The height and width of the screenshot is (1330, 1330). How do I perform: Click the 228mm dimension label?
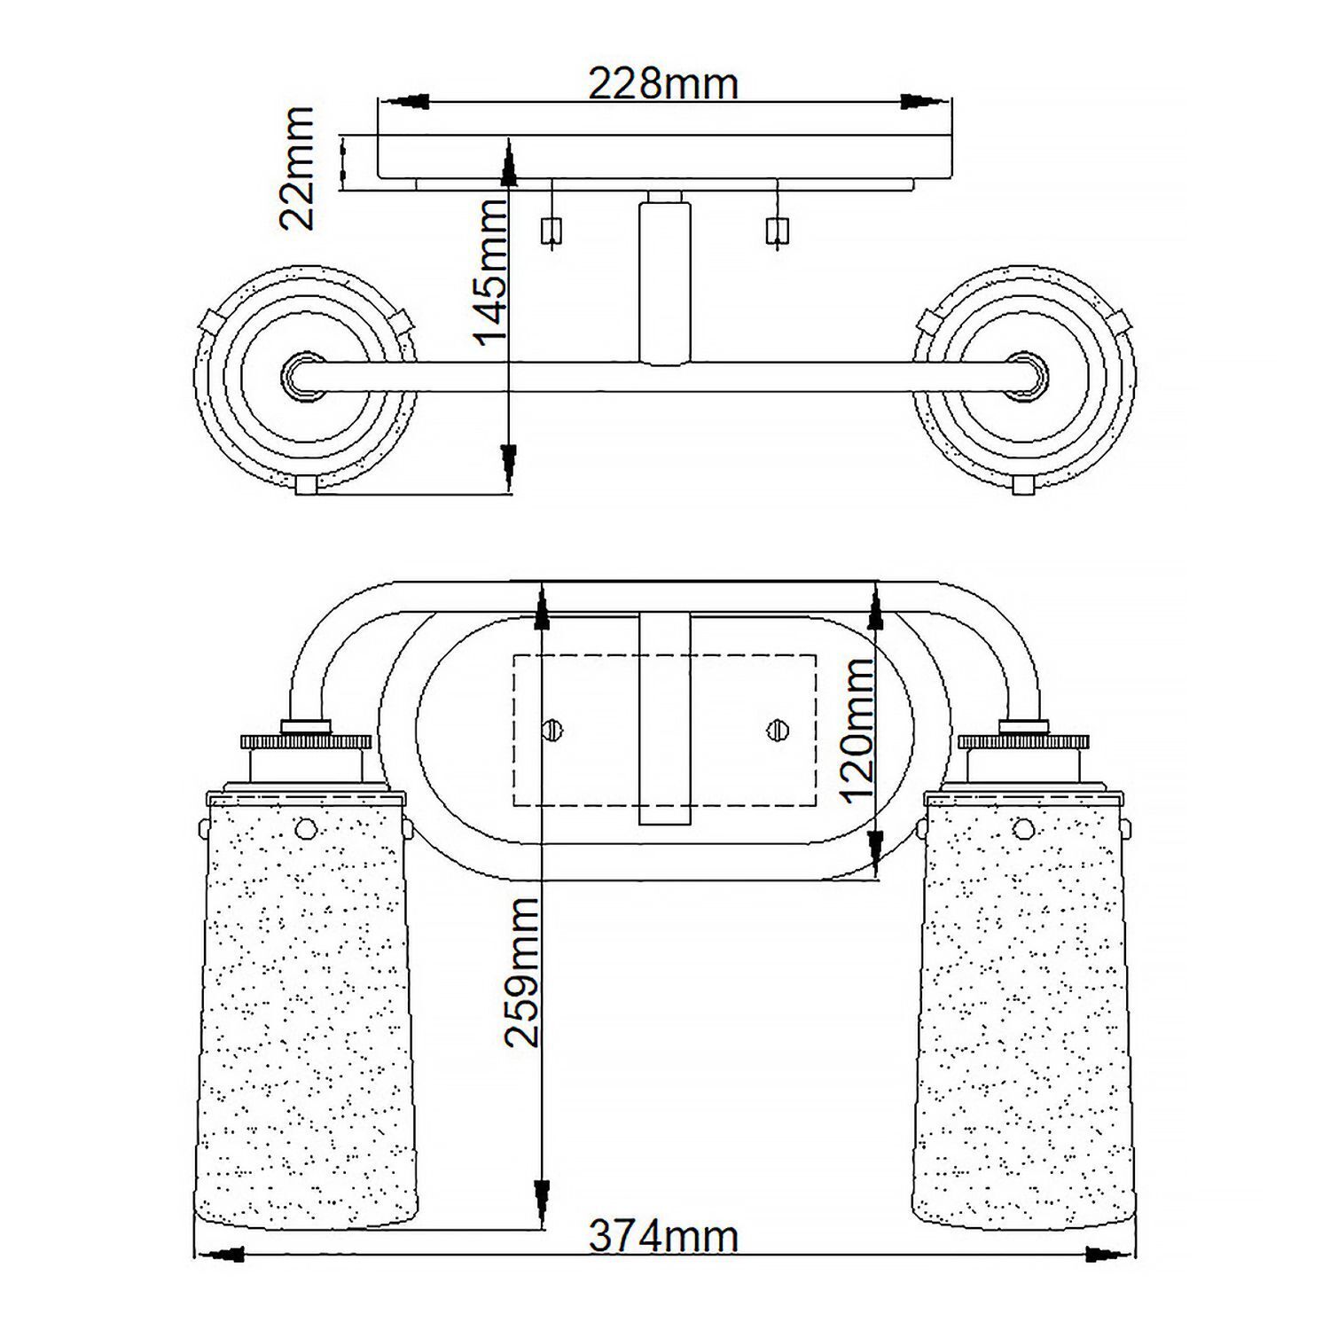(663, 84)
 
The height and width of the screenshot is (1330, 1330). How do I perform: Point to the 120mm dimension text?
(857, 730)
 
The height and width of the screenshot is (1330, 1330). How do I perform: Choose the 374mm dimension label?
(663, 1237)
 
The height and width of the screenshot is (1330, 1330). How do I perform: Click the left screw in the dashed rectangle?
(553, 731)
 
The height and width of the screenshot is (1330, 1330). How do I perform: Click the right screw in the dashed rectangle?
(778, 731)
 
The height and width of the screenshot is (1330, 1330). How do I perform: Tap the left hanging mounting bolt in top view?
(552, 231)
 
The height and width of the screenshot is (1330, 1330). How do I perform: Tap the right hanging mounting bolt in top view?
(777, 231)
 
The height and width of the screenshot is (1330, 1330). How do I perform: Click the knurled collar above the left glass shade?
(306, 741)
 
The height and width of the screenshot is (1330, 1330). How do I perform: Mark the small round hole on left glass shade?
(305, 828)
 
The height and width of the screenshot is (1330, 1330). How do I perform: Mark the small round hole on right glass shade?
(1023, 828)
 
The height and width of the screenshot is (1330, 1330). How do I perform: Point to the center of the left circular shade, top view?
(303, 376)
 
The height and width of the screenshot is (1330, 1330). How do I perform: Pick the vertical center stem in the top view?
(665, 282)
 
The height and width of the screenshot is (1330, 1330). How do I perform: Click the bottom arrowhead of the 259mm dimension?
(541, 1196)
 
